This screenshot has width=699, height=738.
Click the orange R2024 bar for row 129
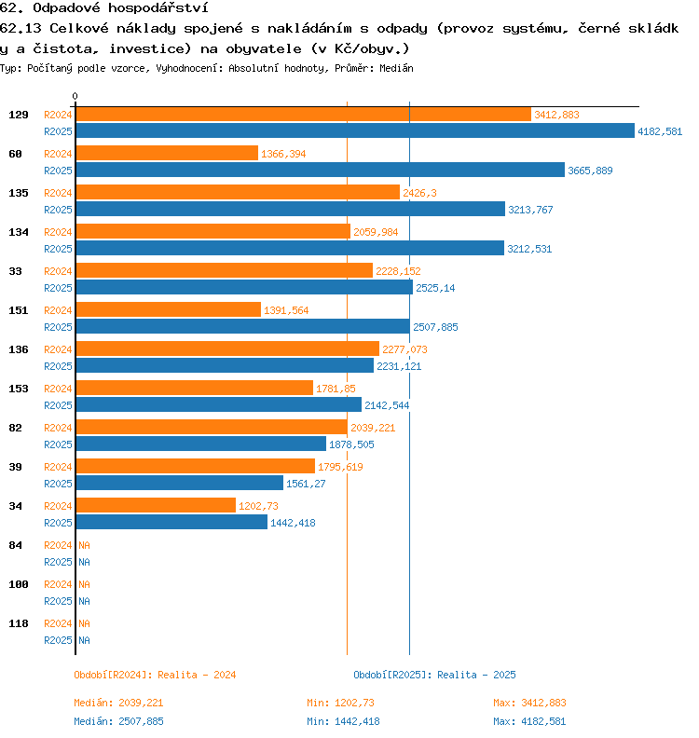click(x=303, y=114)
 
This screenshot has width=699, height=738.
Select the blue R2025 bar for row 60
click(x=320, y=170)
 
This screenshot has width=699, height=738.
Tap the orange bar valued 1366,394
click(x=167, y=153)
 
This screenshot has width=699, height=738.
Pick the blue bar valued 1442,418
click(x=171, y=522)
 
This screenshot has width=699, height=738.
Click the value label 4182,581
click(x=660, y=131)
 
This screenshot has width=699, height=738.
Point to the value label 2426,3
click(x=419, y=193)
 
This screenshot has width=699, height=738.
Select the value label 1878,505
click(x=351, y=444)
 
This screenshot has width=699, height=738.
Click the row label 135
click(x=18, y=193)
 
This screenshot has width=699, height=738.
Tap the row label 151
click(x=18, y=310)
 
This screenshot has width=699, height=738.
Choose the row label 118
click(x=18, y=623)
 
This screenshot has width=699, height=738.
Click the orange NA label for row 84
click(x=84, y=545)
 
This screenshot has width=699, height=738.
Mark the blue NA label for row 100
click(x=84, y=601)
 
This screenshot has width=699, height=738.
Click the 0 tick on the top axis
click(x=75, y=97)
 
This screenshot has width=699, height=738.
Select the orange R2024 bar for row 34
click(x=156, y=505)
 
